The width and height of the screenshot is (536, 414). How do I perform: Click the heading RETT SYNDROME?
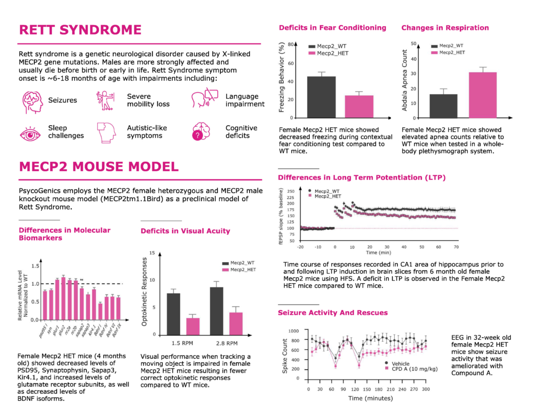(x=80, y=30)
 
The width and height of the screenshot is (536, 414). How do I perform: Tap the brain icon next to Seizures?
(x=33, y=100)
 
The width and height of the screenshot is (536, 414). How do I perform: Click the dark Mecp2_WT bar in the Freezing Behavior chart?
(x=321, y=97)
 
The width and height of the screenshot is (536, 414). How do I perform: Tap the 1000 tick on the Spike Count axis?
(x=295, y=331)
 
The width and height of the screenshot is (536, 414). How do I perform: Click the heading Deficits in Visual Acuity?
(x=185, y=231)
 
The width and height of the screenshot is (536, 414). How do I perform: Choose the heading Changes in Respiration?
(x=445, y=28)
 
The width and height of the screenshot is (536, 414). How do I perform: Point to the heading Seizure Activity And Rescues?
(x=333, y=312)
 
